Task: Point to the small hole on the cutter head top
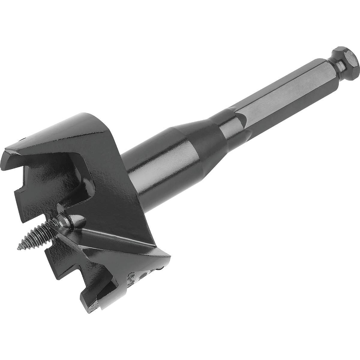point(24,139)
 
